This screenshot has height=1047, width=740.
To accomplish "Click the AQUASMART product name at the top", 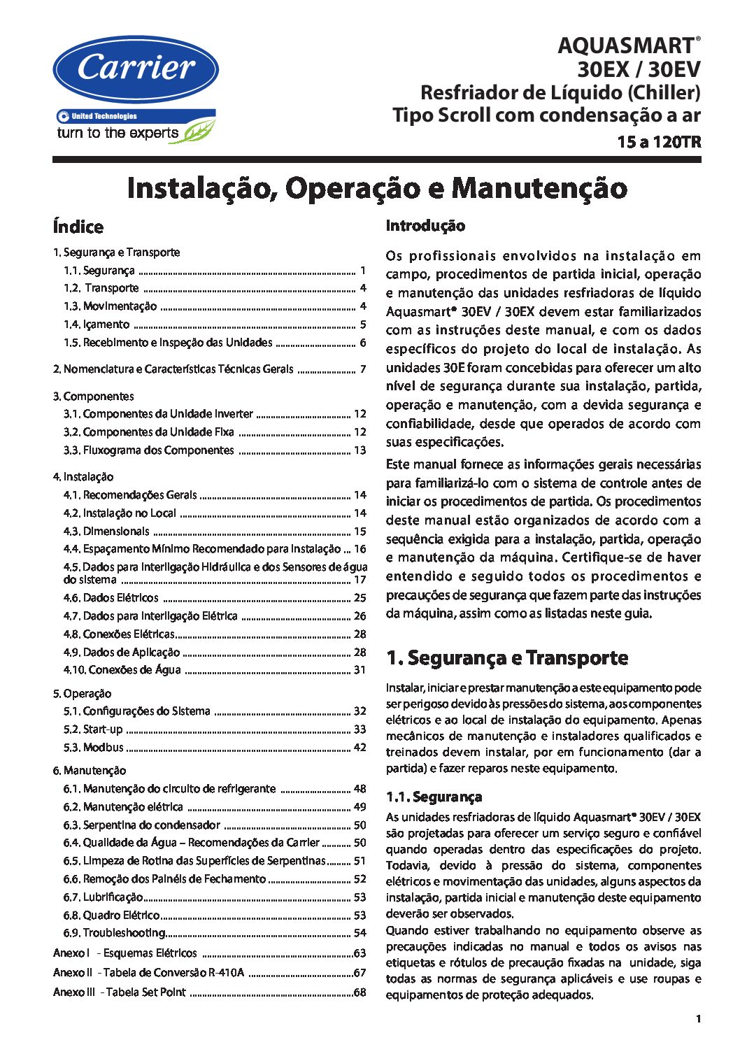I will point(625,46).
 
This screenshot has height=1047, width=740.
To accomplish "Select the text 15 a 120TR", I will point(658,142).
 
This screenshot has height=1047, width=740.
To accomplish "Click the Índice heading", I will point(78,227).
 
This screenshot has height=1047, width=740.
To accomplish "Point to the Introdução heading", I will point(425,226).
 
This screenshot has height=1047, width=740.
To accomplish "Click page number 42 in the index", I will point(360,747).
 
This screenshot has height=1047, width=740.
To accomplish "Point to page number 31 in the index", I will point(360,670).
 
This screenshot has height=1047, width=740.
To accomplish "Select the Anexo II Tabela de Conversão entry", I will point(148,973).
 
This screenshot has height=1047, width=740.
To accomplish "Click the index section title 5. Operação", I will point(82,694).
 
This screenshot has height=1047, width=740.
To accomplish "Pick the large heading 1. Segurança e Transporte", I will point(507,658).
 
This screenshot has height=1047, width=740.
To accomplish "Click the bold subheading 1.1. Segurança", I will point(434,797).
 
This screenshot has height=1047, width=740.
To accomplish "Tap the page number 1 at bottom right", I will point(698,1018).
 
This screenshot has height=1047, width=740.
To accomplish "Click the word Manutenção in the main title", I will point(539,188).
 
